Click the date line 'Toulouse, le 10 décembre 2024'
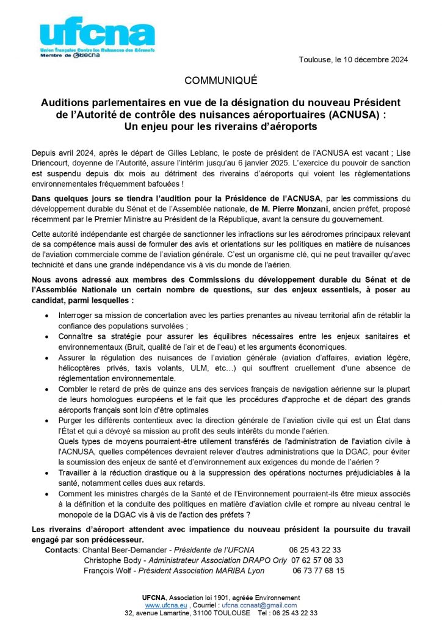(x=353, y=59)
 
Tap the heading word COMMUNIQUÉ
(x=221, y=80)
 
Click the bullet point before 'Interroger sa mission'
(x=48, y=316)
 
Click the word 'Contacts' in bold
(x=62, y=550)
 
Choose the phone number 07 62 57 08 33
(x=317, y=560)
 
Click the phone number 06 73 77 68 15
(x=319, y=571)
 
